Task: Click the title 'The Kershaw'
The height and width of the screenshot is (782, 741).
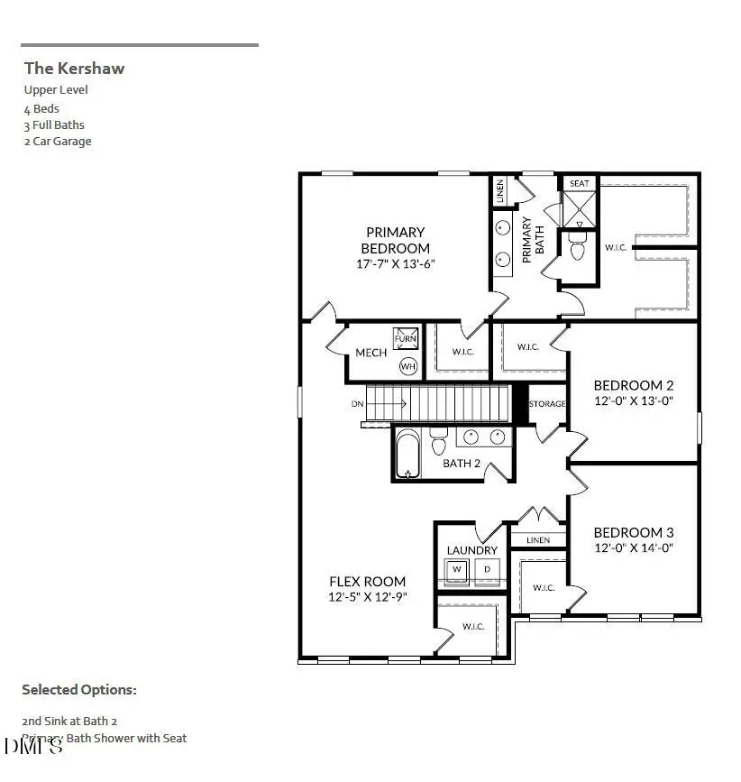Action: [x=74, y=68]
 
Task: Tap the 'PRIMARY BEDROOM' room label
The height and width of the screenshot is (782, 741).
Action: [x=395, y=240]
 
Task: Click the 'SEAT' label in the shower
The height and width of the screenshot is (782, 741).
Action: [x=579, y=183]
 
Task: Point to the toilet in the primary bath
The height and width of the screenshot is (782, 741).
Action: [x=577, y=250]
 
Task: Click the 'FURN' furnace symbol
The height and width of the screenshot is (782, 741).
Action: [x=406, y=339]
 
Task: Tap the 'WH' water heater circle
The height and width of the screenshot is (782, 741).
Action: [x=407, y=366]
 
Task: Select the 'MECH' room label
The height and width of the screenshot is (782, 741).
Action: [x=370, y=353]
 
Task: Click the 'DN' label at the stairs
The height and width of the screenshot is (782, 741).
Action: [x=358, y=403]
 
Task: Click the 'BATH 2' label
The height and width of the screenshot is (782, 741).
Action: [x=462, y=465]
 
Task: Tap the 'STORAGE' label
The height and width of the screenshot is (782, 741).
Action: [x=547, y=403]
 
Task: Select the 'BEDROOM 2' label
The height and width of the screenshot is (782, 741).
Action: [x=633, y=385]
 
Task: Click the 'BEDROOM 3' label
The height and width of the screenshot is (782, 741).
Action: [x=633, y=532]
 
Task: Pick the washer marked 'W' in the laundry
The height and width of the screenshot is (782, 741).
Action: [x=456, y=569]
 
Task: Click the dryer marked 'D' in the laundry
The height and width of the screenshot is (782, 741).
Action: [x=488, y=569]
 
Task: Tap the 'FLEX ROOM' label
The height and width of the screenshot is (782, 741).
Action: [x=367, y=582]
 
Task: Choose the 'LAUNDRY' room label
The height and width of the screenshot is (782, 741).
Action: [x=471, y=550]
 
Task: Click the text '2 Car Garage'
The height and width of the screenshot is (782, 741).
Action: [x=58, y=142]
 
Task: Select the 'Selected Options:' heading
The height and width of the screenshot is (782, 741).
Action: [x=79, y=690]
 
